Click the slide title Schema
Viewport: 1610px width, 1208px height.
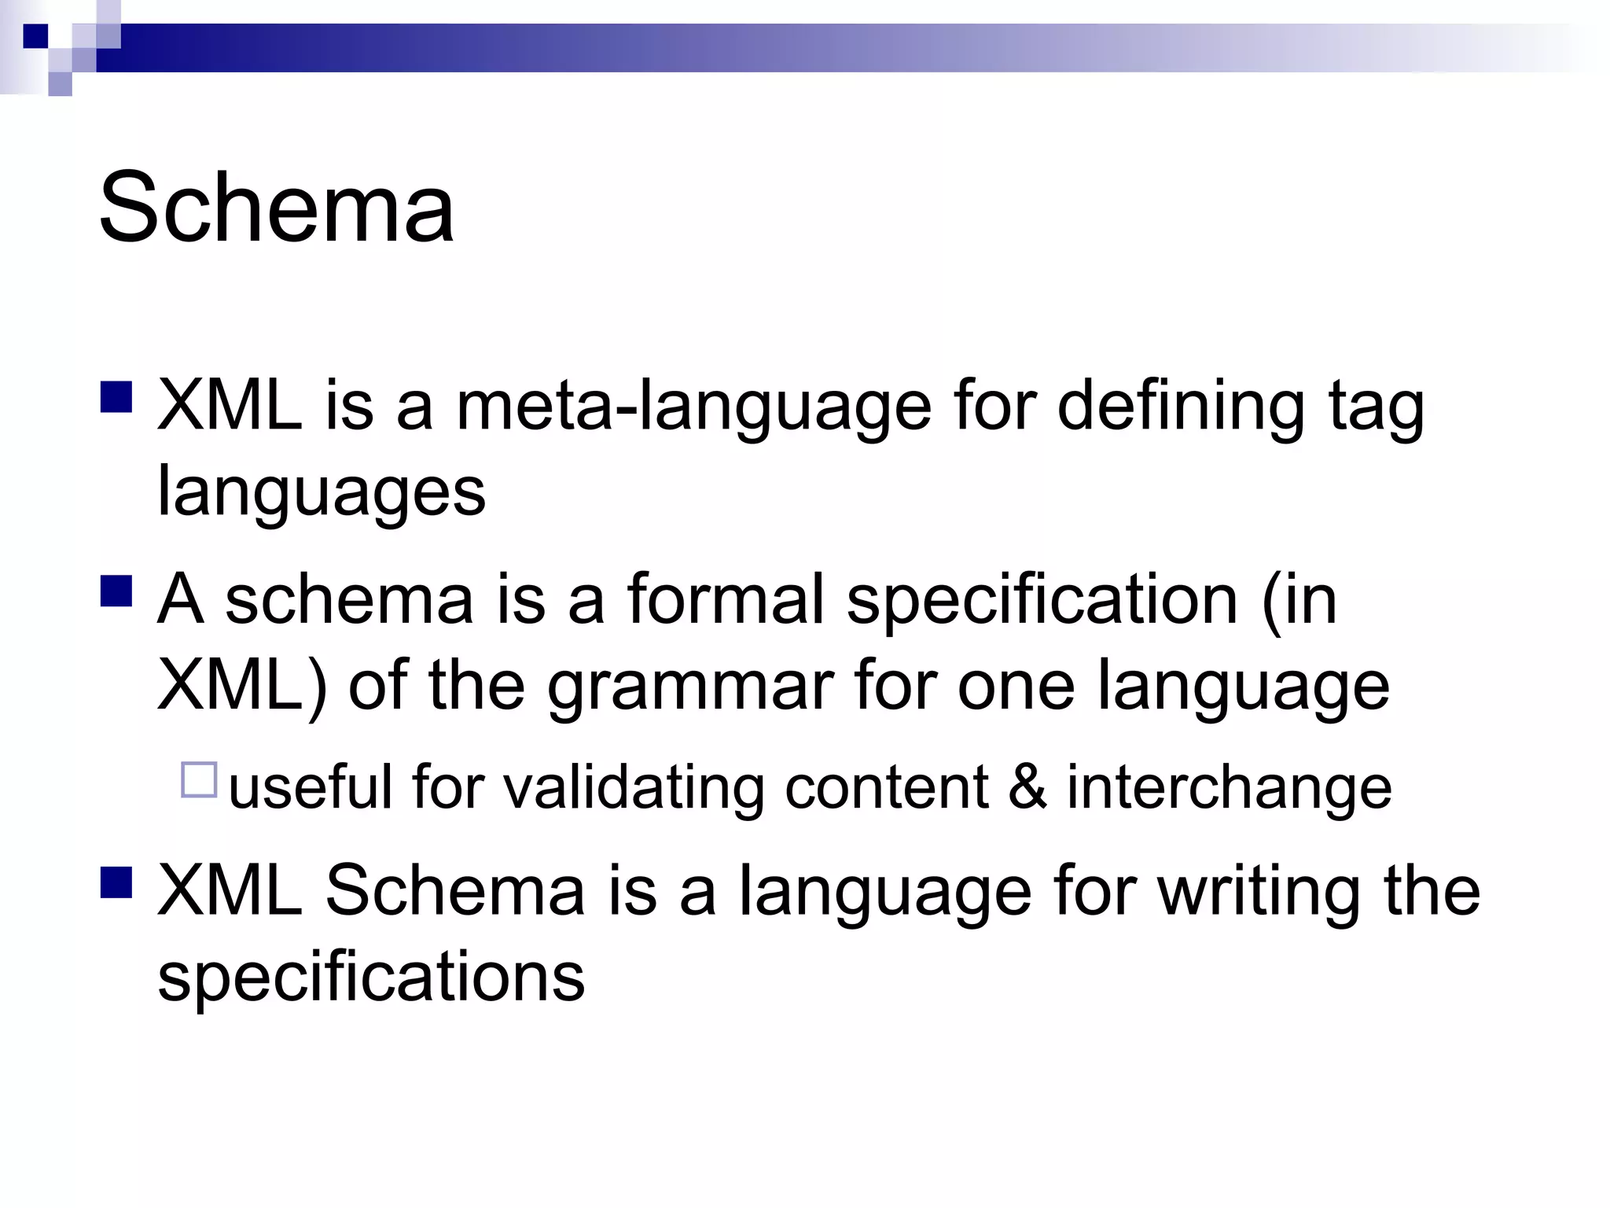tap(277, 208)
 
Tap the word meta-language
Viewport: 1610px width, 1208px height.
tap(693, 407)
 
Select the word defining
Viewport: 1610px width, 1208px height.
tap(1180, 407)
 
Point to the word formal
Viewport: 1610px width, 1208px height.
tap(726, 599)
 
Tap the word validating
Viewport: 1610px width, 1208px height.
tap(634, 788)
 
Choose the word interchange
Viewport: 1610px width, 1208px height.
tap(1229, 788)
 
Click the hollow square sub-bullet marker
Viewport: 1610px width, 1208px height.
tap(199, 780)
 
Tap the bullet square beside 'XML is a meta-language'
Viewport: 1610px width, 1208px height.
tap(116, 397)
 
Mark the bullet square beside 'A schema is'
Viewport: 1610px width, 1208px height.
tap(116, 591)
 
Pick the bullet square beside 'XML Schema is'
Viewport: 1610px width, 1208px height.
tap(116, 882)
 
